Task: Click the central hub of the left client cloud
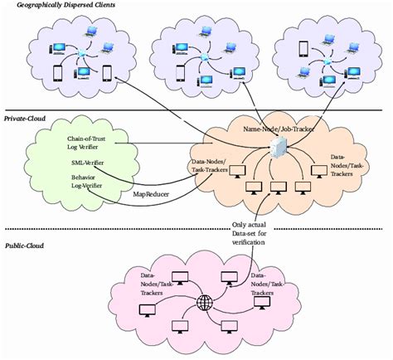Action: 81,55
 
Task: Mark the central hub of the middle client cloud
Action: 202,57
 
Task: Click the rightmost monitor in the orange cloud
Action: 317,172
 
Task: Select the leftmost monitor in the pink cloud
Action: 148,310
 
